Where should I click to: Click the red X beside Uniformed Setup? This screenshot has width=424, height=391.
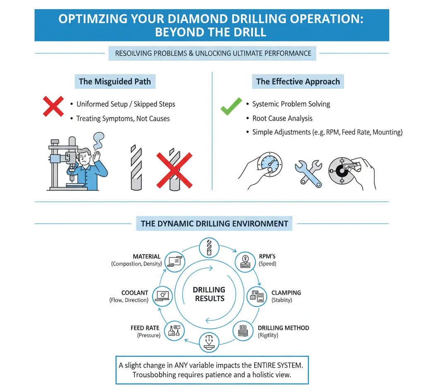[x=53, y=106]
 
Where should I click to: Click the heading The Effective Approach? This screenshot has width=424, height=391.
[x=298, y=82]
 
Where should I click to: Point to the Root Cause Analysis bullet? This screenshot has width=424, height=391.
[x=282, y=118]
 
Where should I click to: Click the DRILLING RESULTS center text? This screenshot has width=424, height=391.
[x=209, y=294]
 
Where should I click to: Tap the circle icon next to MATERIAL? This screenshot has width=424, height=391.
[x=174, y=261]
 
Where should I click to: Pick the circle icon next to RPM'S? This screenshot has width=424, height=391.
[x=245, y=262]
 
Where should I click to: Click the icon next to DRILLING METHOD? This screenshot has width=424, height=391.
[x=243, y=330]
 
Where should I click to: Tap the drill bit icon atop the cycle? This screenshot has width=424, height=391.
[x=209, y=248]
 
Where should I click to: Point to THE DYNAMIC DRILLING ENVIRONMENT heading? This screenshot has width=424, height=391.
[x=214, y=224]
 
